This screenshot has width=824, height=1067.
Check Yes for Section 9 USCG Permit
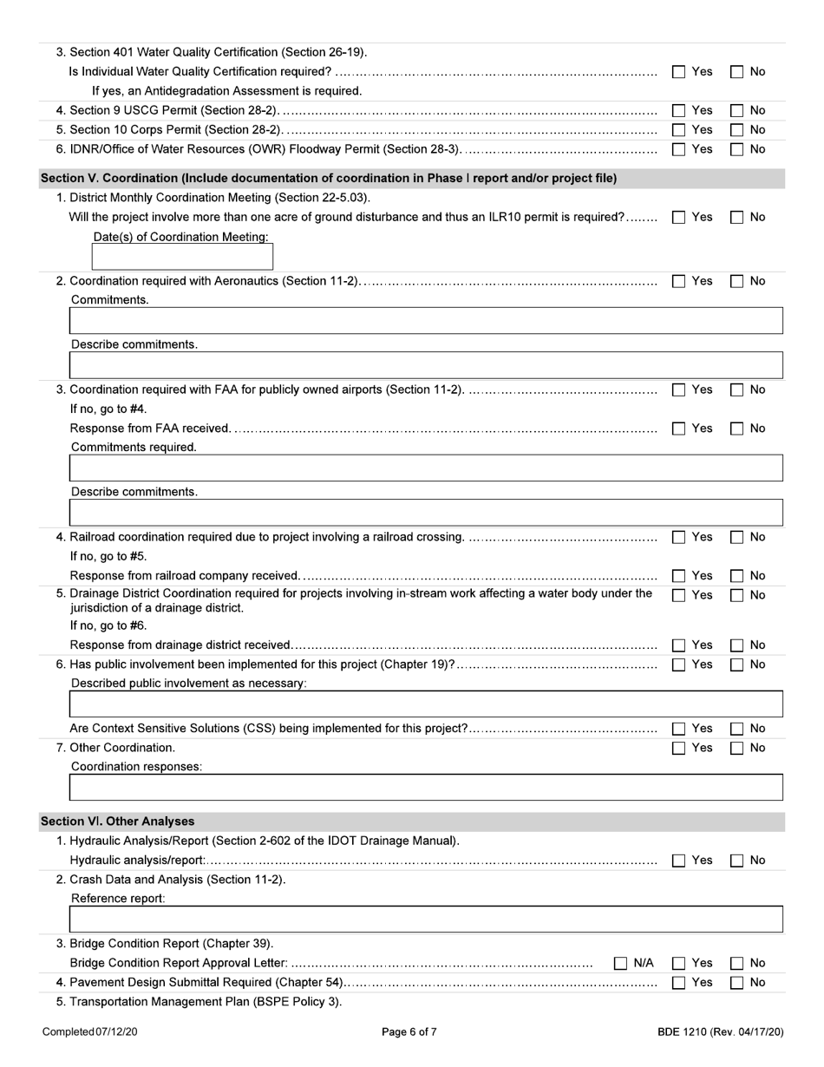pyautogui.click(x=679, y=110)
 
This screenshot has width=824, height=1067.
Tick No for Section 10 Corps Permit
pyautogui.click(x=736, y=130)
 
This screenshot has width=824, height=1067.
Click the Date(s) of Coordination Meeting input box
pyautogui.click(x=182, y=257)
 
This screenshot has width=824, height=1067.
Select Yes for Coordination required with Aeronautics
pyautogui.click(x=679, y=281)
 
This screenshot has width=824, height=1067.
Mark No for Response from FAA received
pyautogui.click(x=736, y=429)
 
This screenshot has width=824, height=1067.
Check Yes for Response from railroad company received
pyautogui.click(x=679, y=576)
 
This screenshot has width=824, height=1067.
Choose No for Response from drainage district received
pyautogui.click(x=736, y=645)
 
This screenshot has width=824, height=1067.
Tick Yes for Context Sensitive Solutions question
pyautogui.click(x=679, y=729)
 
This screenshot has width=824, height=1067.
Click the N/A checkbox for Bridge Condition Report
pyautogui.click(x=621, y=963)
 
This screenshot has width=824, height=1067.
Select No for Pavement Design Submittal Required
pyautogui.click(x=736, y=983)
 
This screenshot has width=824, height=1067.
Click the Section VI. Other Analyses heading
pyautogui.click(x=118, y=822)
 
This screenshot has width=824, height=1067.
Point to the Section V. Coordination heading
pyautogui.click(x=329, y=179)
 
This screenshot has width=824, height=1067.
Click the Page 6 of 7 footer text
pyautogui.click(x=409, y=1032)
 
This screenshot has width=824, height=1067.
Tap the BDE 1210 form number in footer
pyautogui.click(x=720, y=1032)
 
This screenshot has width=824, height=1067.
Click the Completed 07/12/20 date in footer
pyautogui.click(x=90, y=1032)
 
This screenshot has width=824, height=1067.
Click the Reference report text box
pyautogui.click(x=425, y=920)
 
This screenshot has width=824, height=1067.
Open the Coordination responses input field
pyautogui.click(x=425, y=788)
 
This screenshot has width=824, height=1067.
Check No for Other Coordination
pyautogui.click(x=736, y=748)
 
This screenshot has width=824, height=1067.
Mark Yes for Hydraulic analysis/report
pyautogui.click(x=679, y=861)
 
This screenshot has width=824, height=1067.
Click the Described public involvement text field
pyautogui.click(x=425, y=704)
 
